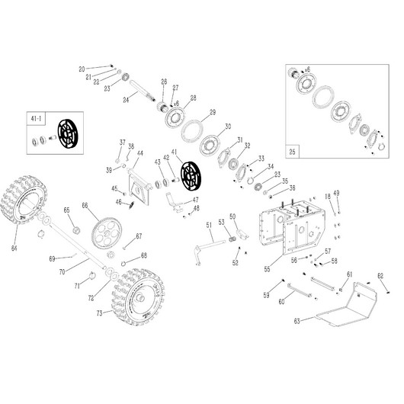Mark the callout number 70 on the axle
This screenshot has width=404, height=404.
(63, 270)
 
